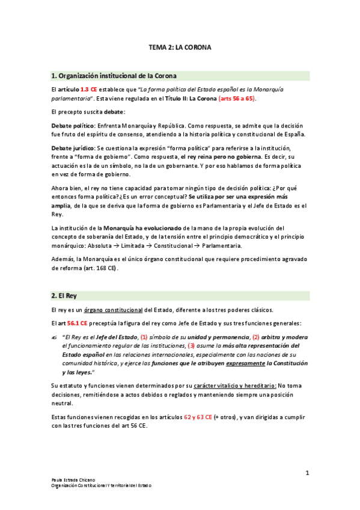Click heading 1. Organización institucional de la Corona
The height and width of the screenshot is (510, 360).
pyautogui.click(x=114, y=76)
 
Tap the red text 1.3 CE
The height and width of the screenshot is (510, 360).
pyautogui.click(x=89, y=89)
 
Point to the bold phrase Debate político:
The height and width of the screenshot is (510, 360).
pyautogui.click(x=74, y=124)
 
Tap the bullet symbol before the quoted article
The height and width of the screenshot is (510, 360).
pyautogui.click(x=55, y=337)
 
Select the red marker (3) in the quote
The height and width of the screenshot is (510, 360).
pyautogui.click(x=192, y=346)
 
